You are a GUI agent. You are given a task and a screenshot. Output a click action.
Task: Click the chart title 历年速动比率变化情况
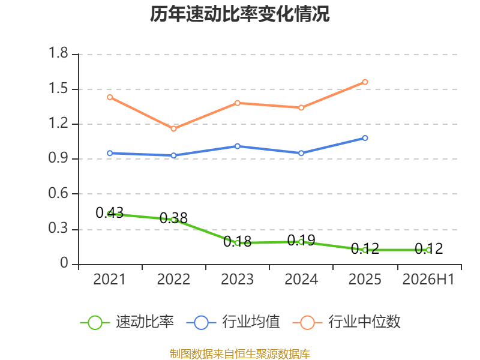click(239, 14)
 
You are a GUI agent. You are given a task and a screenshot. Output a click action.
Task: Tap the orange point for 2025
click(365, 82)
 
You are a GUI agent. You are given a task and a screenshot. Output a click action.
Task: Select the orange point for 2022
click(173, 128)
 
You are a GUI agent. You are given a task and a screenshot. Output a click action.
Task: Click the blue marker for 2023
click(237, 146)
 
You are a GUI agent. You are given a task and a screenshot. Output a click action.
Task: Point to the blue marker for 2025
click(365, 138)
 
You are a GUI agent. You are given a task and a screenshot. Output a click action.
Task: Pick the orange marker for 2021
click(110, 97)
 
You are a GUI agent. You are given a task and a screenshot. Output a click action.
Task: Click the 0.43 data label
click(110, 212)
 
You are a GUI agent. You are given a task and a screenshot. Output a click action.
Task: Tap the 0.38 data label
click(173, 218)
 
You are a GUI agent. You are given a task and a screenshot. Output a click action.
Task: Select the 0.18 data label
click(237, 242)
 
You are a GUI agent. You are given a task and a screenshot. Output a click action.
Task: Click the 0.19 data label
click(301, 241)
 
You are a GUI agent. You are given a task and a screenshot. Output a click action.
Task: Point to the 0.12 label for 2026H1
click(428, 248)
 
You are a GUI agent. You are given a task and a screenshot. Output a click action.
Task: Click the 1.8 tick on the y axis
click(58, 53)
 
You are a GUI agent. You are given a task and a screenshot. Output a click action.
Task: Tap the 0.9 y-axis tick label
click(58, 158)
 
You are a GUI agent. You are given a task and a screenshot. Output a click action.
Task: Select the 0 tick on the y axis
click(64, 263)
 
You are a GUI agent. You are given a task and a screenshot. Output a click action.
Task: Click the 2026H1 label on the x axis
click(428, 279)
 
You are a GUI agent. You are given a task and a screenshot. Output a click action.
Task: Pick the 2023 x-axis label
click(237, 279)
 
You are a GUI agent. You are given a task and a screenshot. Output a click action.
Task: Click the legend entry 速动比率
click(127, 322)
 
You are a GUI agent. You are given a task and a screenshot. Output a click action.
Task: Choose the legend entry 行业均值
click(233, 322)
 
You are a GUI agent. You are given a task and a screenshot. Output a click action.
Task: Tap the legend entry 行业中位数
click(347, 322)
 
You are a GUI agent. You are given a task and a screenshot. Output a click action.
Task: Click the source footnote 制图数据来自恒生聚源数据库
click(240, 354)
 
